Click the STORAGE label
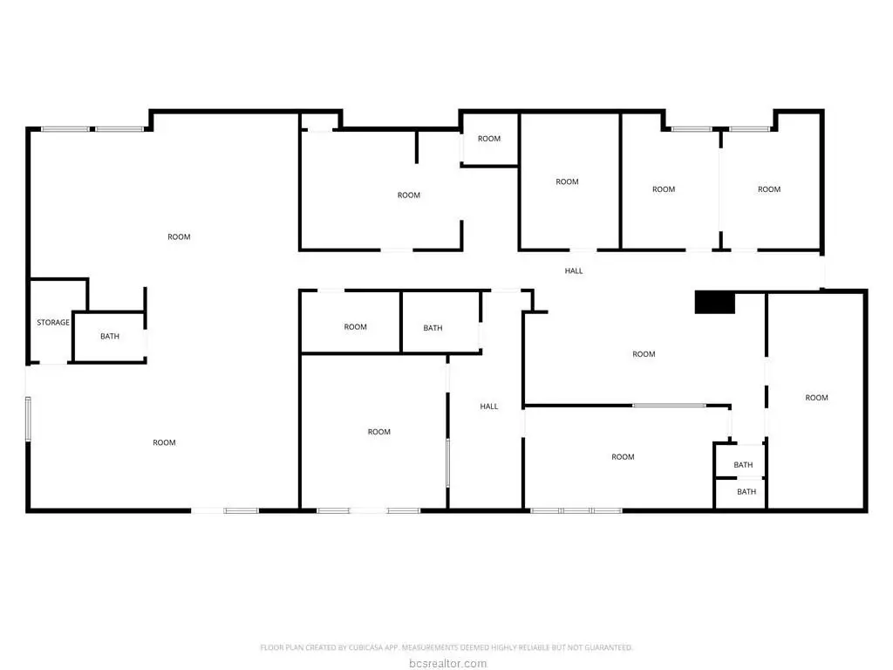click(53, 323)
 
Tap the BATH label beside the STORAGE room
click(110, 336)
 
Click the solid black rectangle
click(715, 303)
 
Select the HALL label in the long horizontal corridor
click(574, 270)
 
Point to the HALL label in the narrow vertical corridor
click(488, 407)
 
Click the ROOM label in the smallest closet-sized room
click(489, 139)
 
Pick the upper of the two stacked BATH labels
click(743, 465)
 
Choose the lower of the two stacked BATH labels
click(746, 492)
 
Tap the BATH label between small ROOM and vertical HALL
click(433, 328)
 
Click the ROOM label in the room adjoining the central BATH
click(356, 327)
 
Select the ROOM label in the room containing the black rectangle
click(644, 354)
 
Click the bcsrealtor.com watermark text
click(447, 663)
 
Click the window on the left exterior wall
click(28, 419)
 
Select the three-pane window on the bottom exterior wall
click(576, 510)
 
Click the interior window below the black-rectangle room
click(669, 406)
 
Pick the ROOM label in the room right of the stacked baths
click(816, 398)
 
